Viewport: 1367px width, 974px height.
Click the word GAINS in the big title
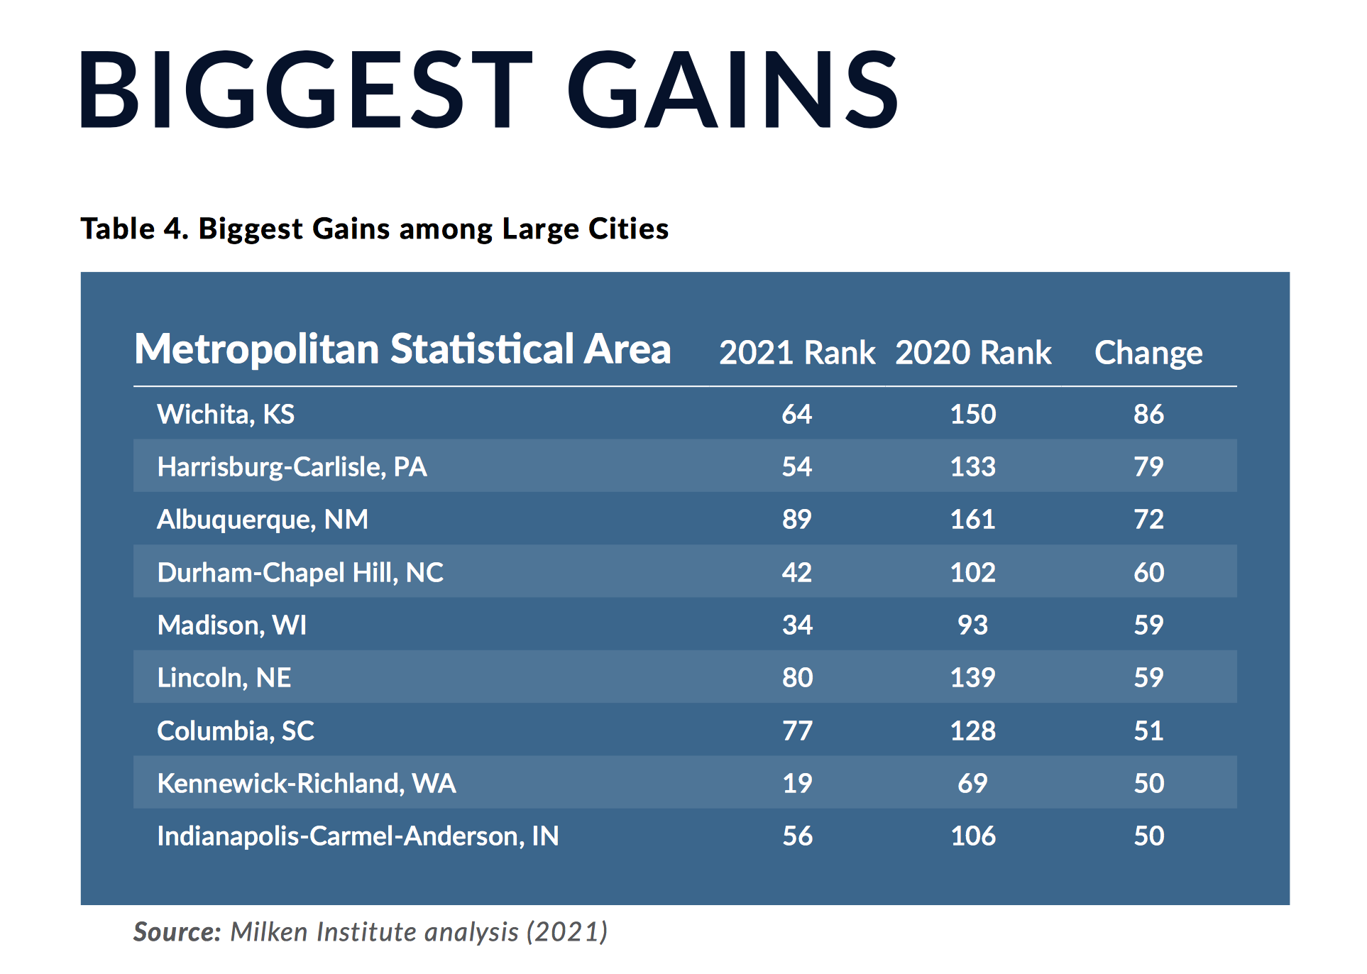pyautogui.click(x=732, y=89)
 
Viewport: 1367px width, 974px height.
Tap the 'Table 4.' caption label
pyautogui.click(x=133, y=229)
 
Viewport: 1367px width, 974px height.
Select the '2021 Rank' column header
pyautogui.click(x=796, y=353)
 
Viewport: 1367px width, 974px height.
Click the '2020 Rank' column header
pyautogui.click(x=972, y=353)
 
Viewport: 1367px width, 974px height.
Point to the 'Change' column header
pyautogui.click(x=1148, y=353)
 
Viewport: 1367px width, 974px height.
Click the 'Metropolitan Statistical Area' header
pyautogui.click(x=402, y=349)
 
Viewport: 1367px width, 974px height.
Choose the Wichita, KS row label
pyautogui.click(x=226, y=414)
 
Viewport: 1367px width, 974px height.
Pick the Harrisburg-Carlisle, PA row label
pyautogui.click(x=292, y=466)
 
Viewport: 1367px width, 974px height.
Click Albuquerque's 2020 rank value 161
pyautogui.click(x=972, y=519)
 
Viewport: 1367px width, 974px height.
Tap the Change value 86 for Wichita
pyautogui.click(x=1148, y=414)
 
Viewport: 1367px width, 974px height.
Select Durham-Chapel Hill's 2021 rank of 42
pyautogui.click(x=796, y=572)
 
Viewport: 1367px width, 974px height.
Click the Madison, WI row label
pyautogui.click(x=232, y=625)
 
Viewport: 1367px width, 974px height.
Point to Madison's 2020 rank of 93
pyautogui.click(x=972, y=625)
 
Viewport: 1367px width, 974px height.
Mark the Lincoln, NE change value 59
pyautogui.click(x=1148, y=677)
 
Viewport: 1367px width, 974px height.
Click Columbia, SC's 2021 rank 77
pyautogui.click(x=796, y=730)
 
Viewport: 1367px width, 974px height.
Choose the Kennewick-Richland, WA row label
pyautogui.click(x=307, y=783)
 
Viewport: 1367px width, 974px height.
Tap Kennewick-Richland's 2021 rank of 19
pyautogui.click(x=796, y=783)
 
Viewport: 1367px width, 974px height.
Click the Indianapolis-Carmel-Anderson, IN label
pyautogui.click(x=358, y=836)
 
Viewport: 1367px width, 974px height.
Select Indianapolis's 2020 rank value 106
pyautogui.click(x=972, y=836)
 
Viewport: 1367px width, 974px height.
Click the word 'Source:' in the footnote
pyautogui.click(x=177, y=931)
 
